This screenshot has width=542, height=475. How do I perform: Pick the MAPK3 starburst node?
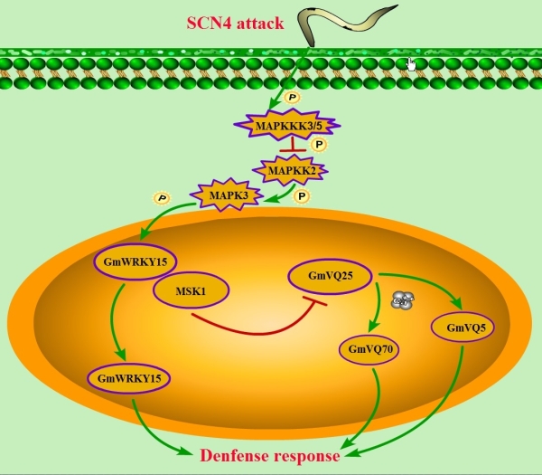[222, 195]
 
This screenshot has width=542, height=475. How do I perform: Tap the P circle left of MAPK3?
[162, 197]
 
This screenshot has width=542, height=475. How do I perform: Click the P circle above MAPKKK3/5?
[291, 95]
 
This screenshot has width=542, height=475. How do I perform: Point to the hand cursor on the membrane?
[411, 63]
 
